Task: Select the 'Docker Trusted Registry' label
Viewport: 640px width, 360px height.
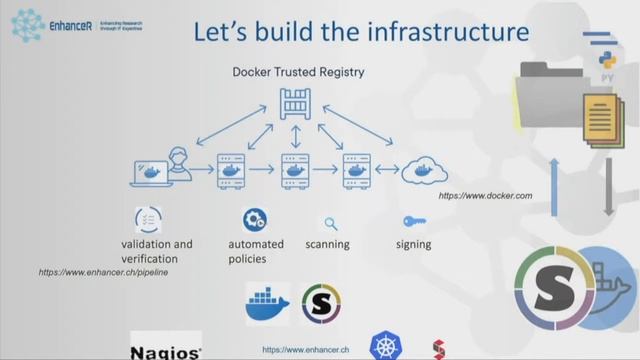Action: pyautogui.click(x=298, y=72)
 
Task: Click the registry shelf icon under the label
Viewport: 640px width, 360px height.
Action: pyautogui.click(x=295, y=103)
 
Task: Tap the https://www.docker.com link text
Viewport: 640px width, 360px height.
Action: pyautogui.click(x=484, y=196)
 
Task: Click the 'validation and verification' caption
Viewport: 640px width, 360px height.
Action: pyautogui.click(x=157, y=251)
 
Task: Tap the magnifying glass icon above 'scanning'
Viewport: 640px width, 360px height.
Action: pyautogui.click(x=330, y=224)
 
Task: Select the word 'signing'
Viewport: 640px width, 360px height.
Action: pyautogui.click(x=413, y=244)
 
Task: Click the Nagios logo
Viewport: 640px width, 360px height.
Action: pyautogui.click(x=165, y=349)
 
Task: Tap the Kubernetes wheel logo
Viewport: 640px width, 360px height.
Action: pyautogui.click(x=385, y=346)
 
